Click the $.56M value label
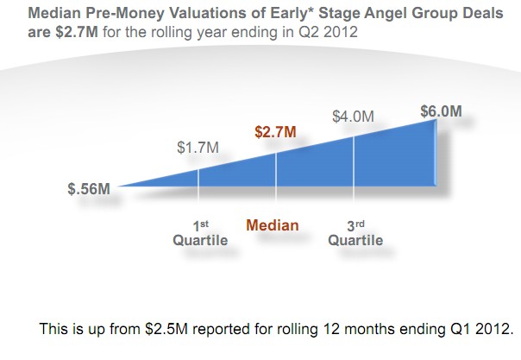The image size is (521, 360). [89, 189]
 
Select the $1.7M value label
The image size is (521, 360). [198, 148]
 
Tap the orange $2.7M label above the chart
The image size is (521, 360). [275, 131]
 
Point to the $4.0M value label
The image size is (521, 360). [353, 117]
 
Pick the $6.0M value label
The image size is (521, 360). [442, 111]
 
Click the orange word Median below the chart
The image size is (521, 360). [273, 225]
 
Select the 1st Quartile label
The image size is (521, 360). [200, 233]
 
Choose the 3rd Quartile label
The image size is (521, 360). [355, 233]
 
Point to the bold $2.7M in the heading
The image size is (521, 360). [77, 32]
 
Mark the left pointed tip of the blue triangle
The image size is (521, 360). [117, 186]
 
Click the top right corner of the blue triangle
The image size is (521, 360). [436, 120]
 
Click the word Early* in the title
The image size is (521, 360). [292, 13]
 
